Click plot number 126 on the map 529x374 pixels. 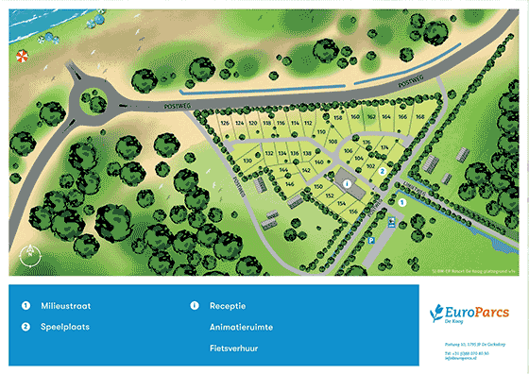coord(225,124)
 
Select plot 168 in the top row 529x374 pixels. coord(419,116)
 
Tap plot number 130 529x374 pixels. coord(247,161)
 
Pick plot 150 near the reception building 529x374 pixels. coord(319,187)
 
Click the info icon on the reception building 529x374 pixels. coord(347,183)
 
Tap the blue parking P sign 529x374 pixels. coord(371,242)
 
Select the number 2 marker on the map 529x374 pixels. coord(382,171)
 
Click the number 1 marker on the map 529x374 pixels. coord(401,201)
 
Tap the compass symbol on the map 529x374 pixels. coord(30,252)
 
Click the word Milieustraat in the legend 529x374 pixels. coord(66,306)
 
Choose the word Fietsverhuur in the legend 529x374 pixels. coord(236,348)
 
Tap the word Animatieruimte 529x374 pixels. coord(241,327)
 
